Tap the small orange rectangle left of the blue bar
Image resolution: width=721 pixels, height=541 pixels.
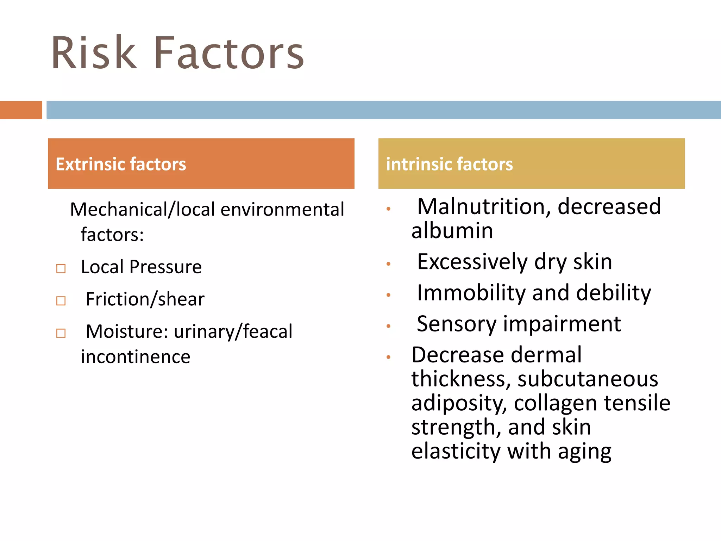coord(21,110)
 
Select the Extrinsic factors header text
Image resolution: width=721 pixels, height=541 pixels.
coord(121,164)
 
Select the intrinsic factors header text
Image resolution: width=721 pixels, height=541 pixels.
coord(449,164)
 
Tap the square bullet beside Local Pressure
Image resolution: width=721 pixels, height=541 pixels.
coord(61,269)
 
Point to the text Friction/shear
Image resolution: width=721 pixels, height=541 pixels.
coord(145,299)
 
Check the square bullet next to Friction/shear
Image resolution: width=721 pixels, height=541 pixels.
coord(61,301)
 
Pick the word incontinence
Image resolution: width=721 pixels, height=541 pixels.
coord(136,357)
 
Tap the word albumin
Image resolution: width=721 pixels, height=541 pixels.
coord(452,231)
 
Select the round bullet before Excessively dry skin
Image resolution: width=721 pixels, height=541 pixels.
coord(388,264)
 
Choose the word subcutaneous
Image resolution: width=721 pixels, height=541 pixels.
coord(588,379)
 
